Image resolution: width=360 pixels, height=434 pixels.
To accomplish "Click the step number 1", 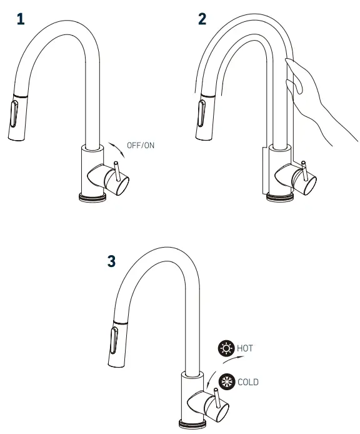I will click(x=21, y=19).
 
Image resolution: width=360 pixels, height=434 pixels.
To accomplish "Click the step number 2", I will click(x=202, y=19).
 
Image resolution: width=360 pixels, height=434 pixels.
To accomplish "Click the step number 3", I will click(x=111, y=261).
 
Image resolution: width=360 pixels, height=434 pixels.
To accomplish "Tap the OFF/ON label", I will click(x=140, y=146).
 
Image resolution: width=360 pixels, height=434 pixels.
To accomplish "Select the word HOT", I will click(x=245, y=348).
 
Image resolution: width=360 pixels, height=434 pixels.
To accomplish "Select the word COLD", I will click(x=247, y=381).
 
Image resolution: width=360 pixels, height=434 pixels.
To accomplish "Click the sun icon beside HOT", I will click(x=225, y=348).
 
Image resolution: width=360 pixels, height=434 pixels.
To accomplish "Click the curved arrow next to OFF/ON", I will click(x=116, y=149).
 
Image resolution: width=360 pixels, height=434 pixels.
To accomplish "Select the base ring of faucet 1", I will click(x=93, y=197).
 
